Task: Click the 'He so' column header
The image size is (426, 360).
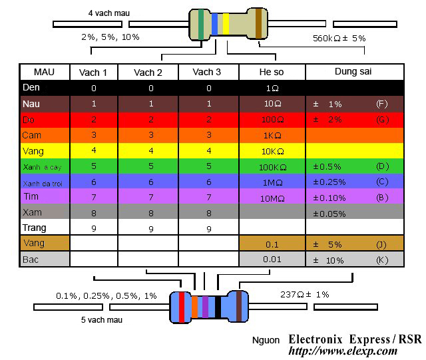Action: [x=272, y=72]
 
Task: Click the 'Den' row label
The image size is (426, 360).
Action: [x=31, y=88]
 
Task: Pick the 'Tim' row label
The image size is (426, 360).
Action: [x=30, y=197]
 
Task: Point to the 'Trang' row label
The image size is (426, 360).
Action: [x=35, y=228]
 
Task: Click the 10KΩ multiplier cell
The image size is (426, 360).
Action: [x=272, y=151]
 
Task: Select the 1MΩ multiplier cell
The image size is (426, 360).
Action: [x=272, y=182]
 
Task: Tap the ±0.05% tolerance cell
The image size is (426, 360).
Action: [x=329, y=214]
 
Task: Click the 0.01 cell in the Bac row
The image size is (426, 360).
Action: [x=272, y=259]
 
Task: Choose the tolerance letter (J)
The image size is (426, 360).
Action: [x=381, y=244]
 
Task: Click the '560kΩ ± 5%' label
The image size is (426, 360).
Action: [x=339, y=38]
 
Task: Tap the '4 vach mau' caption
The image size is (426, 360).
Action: [x=109, y=13]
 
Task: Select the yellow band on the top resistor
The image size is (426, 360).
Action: [x=226, y=23]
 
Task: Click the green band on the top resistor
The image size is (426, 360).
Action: [x=202, y=23]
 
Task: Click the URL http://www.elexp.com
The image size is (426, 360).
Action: [x=343, y=351]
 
